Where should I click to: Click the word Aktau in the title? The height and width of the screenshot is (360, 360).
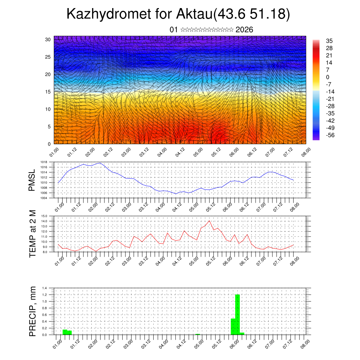(x=194, y=14)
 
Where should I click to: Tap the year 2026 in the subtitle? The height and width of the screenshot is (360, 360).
(x=244, y=30)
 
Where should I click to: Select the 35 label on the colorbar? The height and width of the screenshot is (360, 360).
(x=329, y=41)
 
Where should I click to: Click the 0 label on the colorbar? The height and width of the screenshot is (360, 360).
(x=328, y=77)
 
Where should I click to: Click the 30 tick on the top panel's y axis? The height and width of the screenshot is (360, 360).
(x=48, y=39)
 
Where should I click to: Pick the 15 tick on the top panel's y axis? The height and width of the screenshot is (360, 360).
(x=48, y=92)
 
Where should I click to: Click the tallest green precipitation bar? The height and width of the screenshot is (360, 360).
(x=237, y=315)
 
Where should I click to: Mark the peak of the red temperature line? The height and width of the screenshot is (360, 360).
(x=210, y=221)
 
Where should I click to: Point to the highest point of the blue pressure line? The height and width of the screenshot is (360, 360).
(x=100, y=163)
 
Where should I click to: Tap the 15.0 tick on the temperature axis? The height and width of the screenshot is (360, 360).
(x=44, y=216)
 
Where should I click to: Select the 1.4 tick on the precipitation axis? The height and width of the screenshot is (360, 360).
(x=44, y=288)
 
